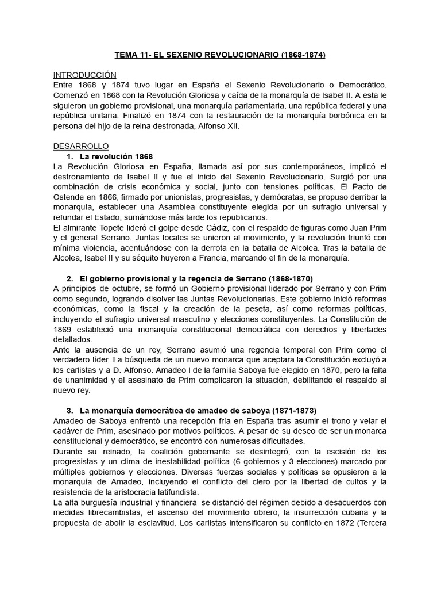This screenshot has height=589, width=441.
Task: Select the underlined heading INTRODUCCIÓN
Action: point(84,75)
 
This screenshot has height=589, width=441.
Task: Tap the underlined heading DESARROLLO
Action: point(81,146)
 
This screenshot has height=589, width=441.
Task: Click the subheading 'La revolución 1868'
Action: point(116,156)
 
